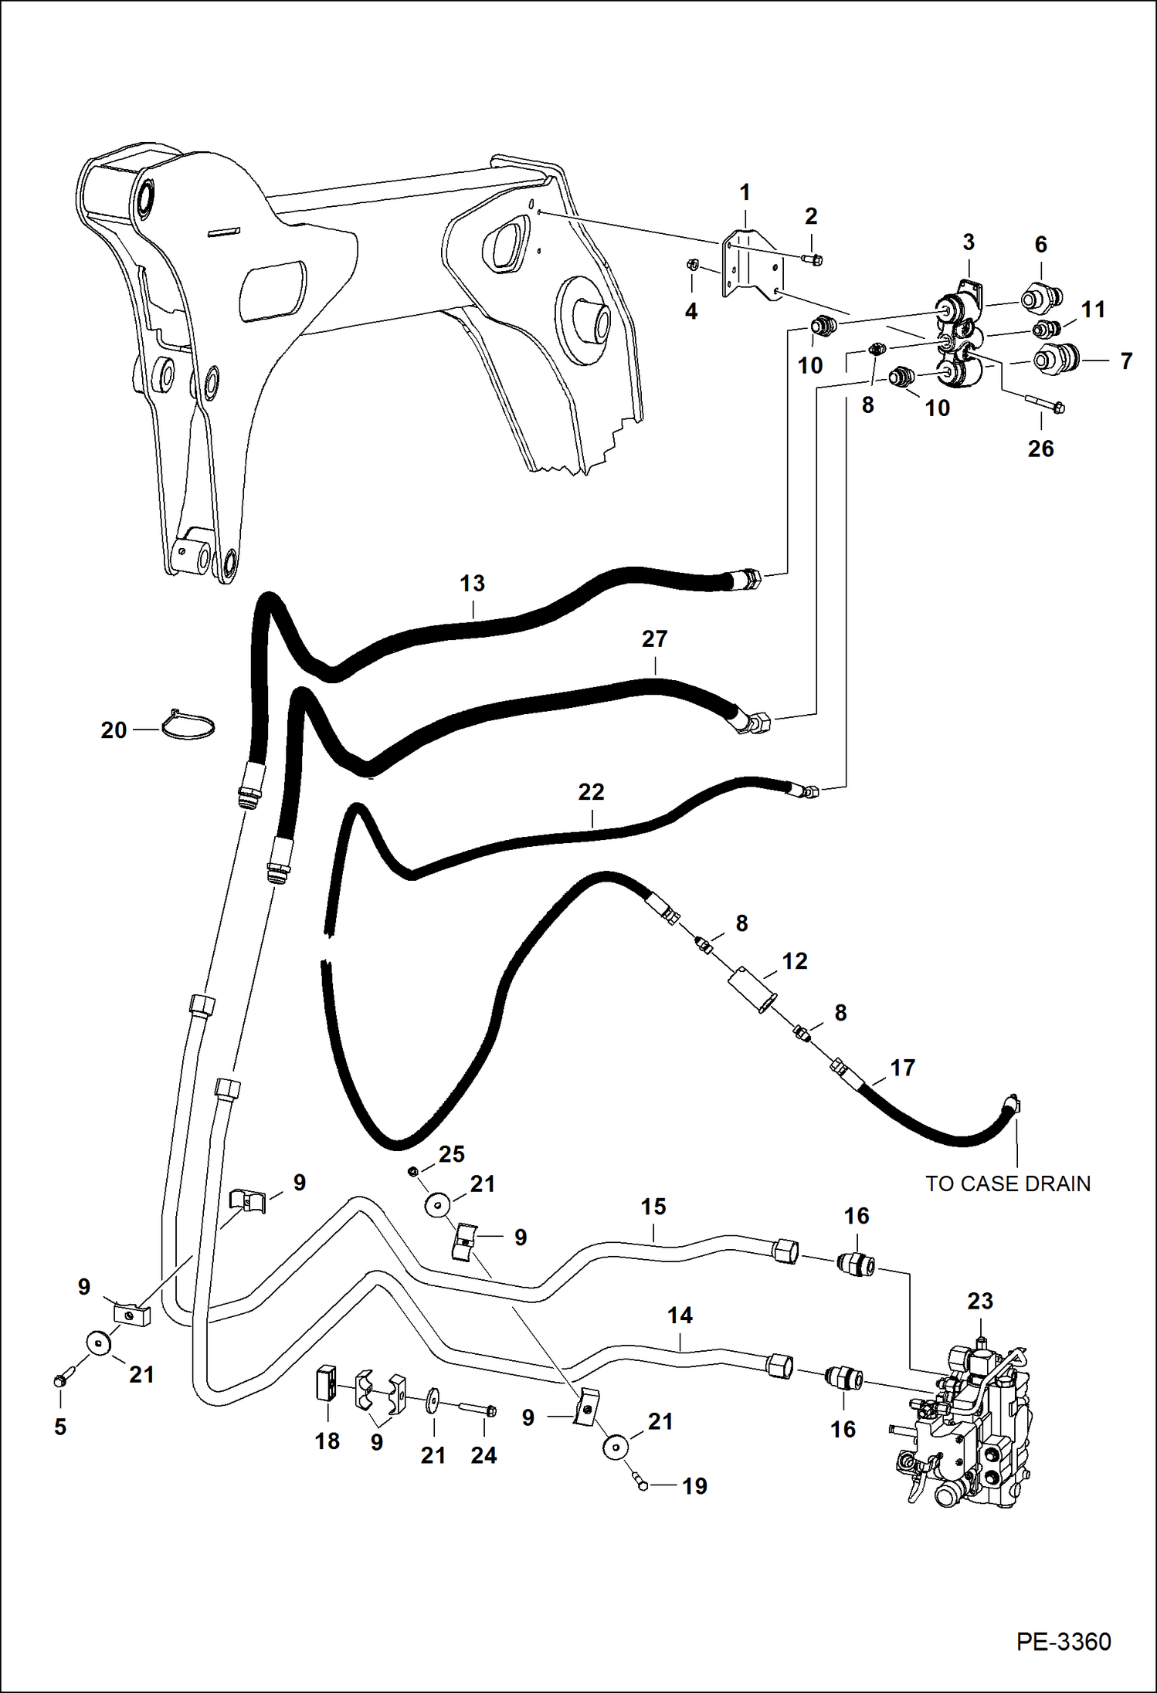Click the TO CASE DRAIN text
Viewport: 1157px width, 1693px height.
point(1007,1183)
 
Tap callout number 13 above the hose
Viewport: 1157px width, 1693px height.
point(472,583)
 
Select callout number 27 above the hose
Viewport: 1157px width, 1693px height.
point(654,638)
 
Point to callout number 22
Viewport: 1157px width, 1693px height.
point(591,791)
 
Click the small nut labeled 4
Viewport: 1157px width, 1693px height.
point(693,266)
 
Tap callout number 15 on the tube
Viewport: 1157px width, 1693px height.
point(653,1207)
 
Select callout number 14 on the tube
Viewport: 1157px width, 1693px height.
point(680,1315)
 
